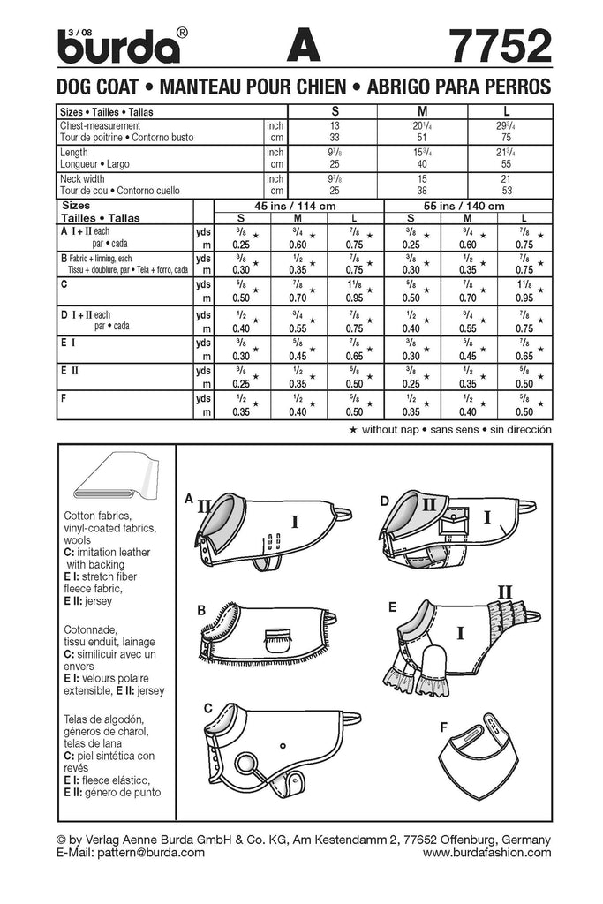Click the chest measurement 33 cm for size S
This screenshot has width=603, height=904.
(x=334, y=139)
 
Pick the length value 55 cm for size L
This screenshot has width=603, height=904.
(x=505, y=164)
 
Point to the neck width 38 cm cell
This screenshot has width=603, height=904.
(x=420, y=190)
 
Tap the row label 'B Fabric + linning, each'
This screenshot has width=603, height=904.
(x=106, y=259)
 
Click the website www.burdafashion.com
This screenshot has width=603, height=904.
(x=486, y=853)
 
